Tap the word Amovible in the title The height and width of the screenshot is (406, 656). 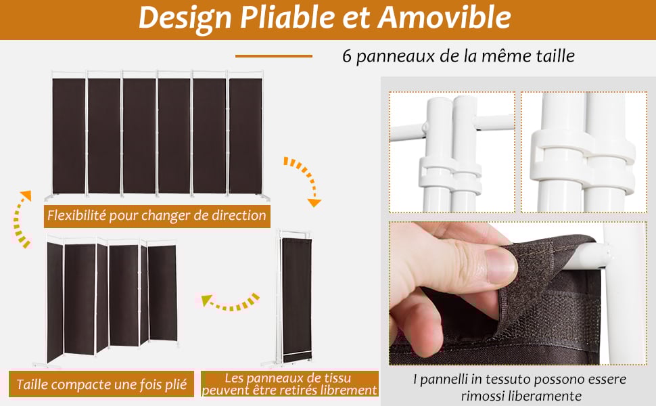pyautogui.click(x=444, y=18)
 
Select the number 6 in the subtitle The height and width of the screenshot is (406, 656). pyautogui.click(x=348, y=55)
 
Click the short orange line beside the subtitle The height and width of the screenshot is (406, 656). pyautogui.click(x=273, y=56)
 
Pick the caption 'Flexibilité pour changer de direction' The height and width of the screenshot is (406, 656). pyautogui.click(x=156, y=216)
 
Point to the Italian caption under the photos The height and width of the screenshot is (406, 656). pyautogui.click(x=519, y=386)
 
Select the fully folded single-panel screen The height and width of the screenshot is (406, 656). pyautogui.click(x=296, y=296)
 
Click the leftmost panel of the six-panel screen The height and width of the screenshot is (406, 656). pyautogui.click(x=69, y=135)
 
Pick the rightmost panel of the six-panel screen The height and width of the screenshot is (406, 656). pyautogui.click(x=245, y=135)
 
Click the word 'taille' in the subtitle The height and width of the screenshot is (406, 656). pyautogui.click(x=554, y=55)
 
